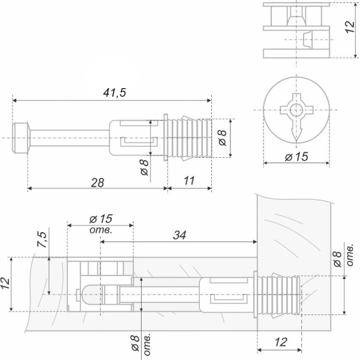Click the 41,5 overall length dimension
[112, 93]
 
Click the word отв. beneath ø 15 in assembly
[101, 229]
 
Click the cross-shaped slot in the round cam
[295, 110]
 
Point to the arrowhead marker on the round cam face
[295, 131]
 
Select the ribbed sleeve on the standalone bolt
[186, 137]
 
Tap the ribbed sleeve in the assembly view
[277, 294]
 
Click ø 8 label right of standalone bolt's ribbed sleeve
[221, 137]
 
